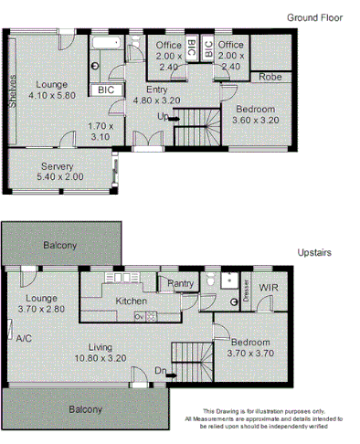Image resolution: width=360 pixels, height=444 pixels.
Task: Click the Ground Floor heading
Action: [314, 17]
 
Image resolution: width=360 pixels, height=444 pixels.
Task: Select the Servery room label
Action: [58, 166]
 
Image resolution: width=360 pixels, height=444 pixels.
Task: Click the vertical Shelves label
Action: [13, 90]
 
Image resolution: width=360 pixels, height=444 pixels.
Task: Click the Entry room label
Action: [157, 90]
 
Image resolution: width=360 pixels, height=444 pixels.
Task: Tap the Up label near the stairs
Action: [163, 116]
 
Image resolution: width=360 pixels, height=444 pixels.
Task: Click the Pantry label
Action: [180, 284]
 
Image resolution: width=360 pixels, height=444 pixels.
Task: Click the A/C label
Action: [24, 337]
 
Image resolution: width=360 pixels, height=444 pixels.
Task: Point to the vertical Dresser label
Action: [247, 291]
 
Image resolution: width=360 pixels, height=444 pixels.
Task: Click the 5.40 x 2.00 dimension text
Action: [58, 177]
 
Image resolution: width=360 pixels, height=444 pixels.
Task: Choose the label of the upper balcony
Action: [59, 246]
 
